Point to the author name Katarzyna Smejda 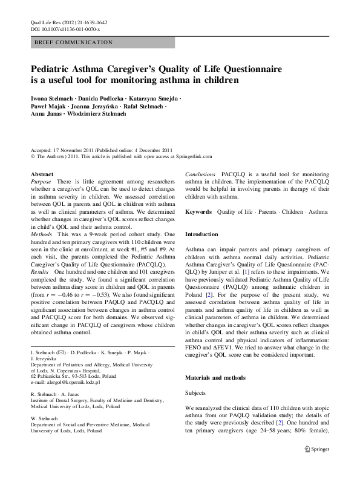155,98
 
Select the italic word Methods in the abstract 42,233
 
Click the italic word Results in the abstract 40,273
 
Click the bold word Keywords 198,212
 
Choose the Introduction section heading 201,234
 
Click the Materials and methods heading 215,377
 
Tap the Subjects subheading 195,393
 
